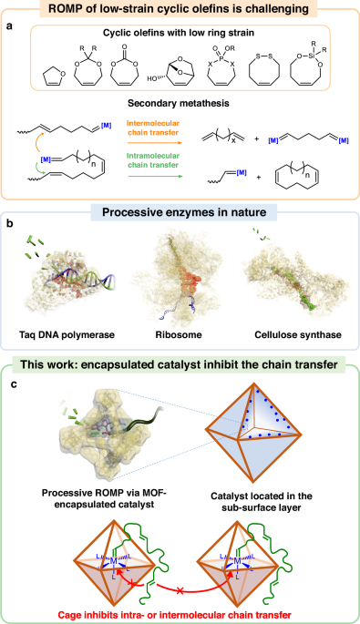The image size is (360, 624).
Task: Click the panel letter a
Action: click(x=14, y=35)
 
